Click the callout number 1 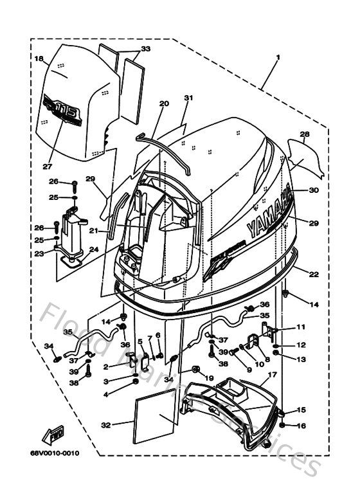[278, 58]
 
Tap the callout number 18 [38, 59]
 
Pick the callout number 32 [105, 424]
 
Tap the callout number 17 [272, 374]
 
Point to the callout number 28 [305, 134]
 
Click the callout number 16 [301, 426]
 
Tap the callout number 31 [188, 98]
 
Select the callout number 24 [94, 249]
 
